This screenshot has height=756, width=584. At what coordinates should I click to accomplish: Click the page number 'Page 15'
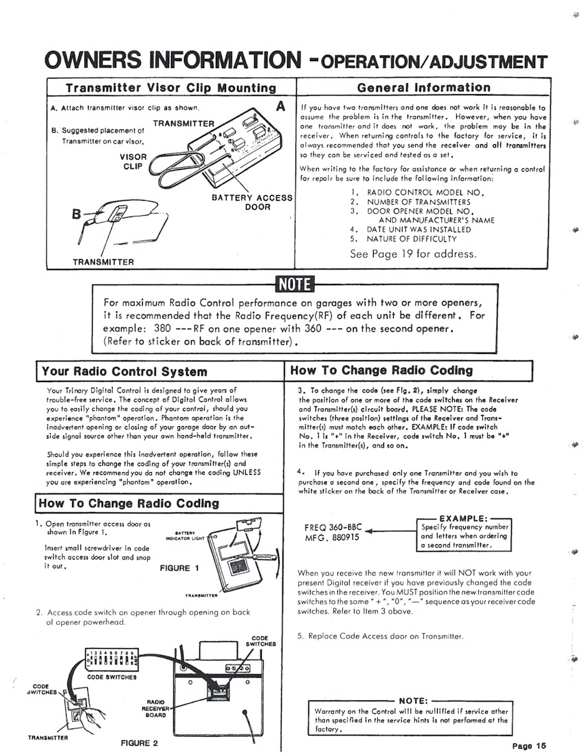click(x=529, y=746)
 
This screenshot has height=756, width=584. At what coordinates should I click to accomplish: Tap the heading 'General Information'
click(x=424, y=87)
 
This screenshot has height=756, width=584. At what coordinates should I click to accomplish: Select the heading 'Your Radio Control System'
click(x=124, y=372)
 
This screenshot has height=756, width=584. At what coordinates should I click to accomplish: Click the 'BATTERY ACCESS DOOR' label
click(x=258, y=202)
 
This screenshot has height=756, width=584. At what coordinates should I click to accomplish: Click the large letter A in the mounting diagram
click(x=280, y=107)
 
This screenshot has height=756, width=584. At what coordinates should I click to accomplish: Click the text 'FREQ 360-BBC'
click(x=333, y=527)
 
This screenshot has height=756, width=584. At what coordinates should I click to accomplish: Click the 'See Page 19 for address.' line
click(x=412, y=254)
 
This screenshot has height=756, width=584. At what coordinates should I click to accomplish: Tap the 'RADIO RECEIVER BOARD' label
click(x=152, y=707)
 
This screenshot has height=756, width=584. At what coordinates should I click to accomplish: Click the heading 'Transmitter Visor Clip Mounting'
click(x=170, y=87)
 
